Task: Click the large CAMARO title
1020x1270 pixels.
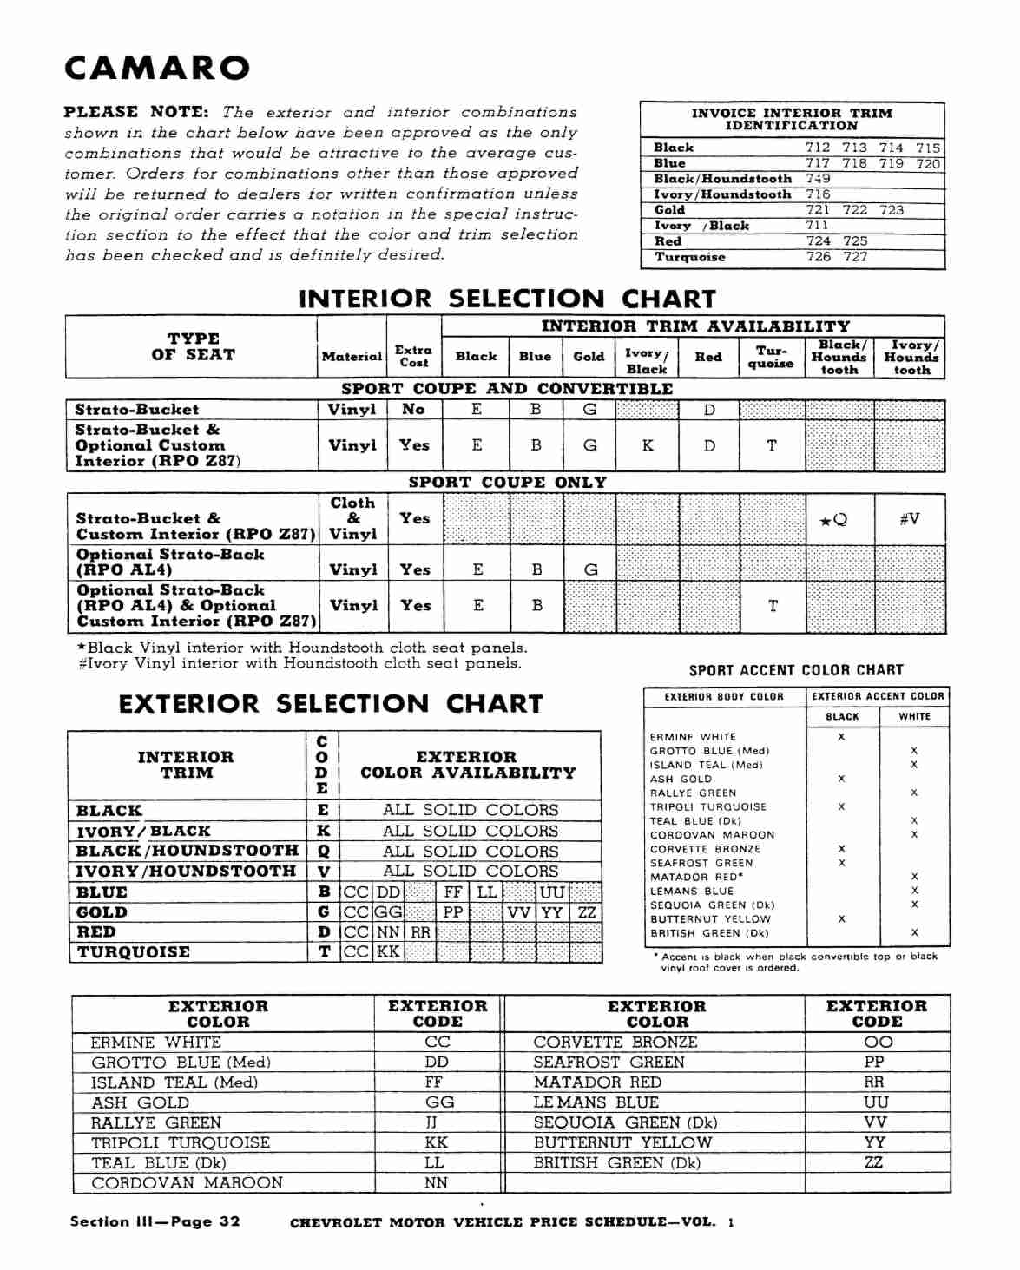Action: pyautogui.click(x=157, y=68)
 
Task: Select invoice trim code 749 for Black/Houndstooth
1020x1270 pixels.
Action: pyautogui.click(x=817, y=179)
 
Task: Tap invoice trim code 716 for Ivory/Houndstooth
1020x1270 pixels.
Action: pyautogui.click(x=817, y=194)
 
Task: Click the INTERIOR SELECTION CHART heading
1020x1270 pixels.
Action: pyautogui.click(x=507, y=299)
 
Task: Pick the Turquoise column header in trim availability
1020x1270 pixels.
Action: pyautogui.click(x=771, y=357)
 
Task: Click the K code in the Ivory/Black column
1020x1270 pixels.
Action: pyautogui.click(x=648, y=445)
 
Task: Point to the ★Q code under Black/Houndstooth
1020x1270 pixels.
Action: pyautogui.click(x=833, y=520)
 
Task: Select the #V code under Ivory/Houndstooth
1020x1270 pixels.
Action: pyautogui.click(x=909, y=519)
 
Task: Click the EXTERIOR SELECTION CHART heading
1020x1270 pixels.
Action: pyautogui.click(x=331, y=704)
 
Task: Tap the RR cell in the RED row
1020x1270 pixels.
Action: pyautogui.click(x=420, y=932)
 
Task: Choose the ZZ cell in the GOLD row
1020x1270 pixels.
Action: pyautogui.click(x=587, y=912)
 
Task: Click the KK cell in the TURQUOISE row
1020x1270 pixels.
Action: pyautogui.click(x=388, y=951)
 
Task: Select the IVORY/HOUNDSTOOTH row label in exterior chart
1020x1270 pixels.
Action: pyautogui.click(x=186, y=871)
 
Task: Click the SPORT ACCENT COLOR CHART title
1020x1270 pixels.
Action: pyautogui.click(x=796, y=670)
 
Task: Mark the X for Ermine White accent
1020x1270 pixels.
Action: pyautogui.click(x=841, y=737)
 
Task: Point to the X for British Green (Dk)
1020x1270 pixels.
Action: pyautogui.click(x=914, y=932)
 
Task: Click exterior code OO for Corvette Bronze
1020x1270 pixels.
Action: pyautogui.click(x=878, y=1042)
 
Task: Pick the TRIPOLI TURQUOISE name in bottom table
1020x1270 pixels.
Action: pyautogui.click(x=181, y=1142)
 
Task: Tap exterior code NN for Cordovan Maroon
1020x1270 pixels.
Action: pyautogui.click(x=436, y=1182)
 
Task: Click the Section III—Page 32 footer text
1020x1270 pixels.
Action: pyautogui.click(x=155, y=1221)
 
